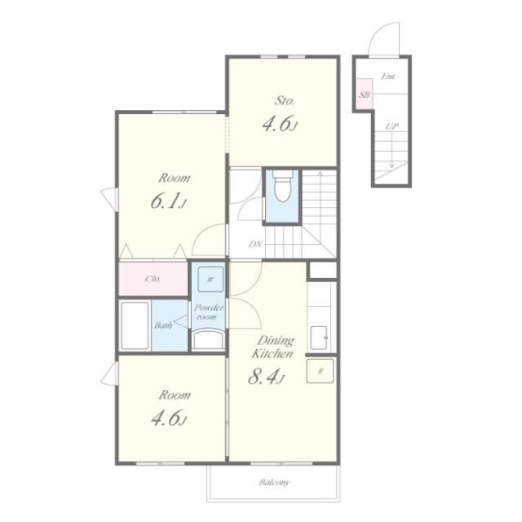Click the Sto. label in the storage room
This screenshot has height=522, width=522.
tap(284, 100)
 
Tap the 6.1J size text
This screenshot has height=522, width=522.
tap(169, 201)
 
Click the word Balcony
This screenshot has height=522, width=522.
tap(274, 482)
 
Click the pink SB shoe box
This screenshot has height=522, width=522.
tap(365, 94)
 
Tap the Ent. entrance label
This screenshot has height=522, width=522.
tap(388, 77)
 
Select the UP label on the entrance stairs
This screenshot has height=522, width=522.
tap(391, 126)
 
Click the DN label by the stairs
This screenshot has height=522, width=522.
tap(255, 245)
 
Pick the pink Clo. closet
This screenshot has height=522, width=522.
tap(153, 279)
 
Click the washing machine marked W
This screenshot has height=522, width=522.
tap(210, 279)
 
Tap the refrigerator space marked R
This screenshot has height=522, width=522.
tap(320, 370)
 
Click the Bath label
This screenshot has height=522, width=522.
tap(163, 325)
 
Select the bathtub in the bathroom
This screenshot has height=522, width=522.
tap(135, 325)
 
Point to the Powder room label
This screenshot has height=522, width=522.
tap(209, 312)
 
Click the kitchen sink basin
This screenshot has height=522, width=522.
tap(319, 338)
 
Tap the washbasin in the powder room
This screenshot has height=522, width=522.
tap(208, 339)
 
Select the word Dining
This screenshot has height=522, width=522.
tap(276, 341)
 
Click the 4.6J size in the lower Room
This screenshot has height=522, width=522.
tap(169, 418)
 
